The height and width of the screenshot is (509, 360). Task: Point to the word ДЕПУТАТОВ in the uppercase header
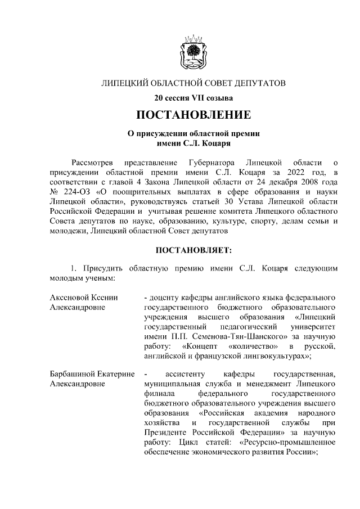[x=259, y=83]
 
